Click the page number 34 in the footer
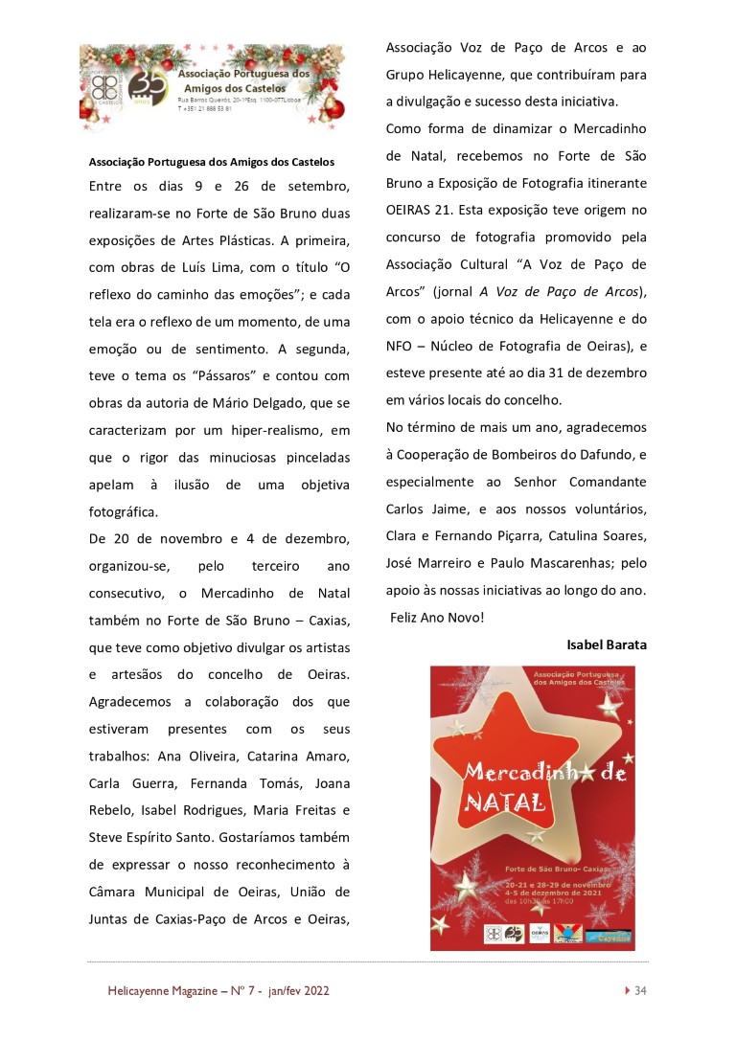[x=641, y=990]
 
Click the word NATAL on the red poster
[x=504, y=802]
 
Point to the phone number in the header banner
[x=206, y=109]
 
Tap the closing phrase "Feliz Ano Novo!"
[x=437, y=618]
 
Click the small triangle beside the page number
[x=627, y=990]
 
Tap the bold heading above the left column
[x=212, y=161]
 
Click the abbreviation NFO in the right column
[x=400, y=345]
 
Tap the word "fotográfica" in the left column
[x=123, y=511]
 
